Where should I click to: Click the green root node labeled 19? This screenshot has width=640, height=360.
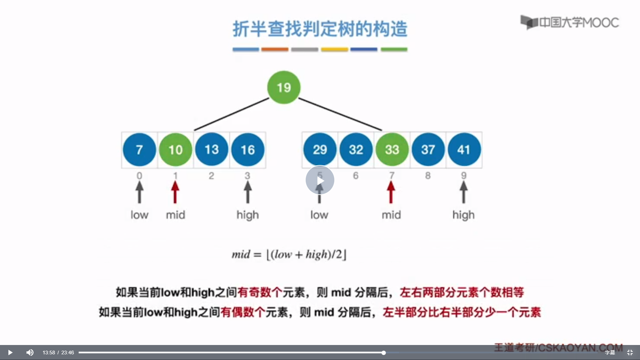tap(284, 87)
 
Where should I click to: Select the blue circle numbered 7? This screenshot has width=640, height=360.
tap(139, 150)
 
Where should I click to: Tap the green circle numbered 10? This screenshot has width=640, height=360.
tap(175, 150)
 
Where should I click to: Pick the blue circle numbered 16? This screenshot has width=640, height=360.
tap(248, 150)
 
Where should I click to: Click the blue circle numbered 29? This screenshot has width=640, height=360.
tap(320, 150)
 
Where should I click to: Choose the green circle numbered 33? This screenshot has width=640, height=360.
tap(392, 150)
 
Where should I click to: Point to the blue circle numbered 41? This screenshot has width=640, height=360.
tap(464, 150)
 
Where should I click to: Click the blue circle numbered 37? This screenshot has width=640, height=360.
tap(428, 150)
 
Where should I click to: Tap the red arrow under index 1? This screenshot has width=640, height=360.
tap(175, 192)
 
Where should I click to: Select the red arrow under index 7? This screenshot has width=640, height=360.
tap(391, 192)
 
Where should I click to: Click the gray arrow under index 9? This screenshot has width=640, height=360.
tap(463, 192)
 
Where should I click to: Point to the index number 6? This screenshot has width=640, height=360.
tap(356, 176)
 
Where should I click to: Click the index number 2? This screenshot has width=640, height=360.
tap(211, 176)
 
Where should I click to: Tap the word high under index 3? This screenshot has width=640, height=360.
tap(248, 215)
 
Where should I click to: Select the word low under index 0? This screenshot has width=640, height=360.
tap(139, 215)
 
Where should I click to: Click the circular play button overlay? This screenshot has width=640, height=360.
tap(320, 180)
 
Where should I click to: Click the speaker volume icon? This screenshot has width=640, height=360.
tap(30, 352)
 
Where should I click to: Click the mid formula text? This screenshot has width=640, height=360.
tap(289, 255)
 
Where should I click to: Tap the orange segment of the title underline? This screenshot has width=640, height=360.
tap(275, 49)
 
